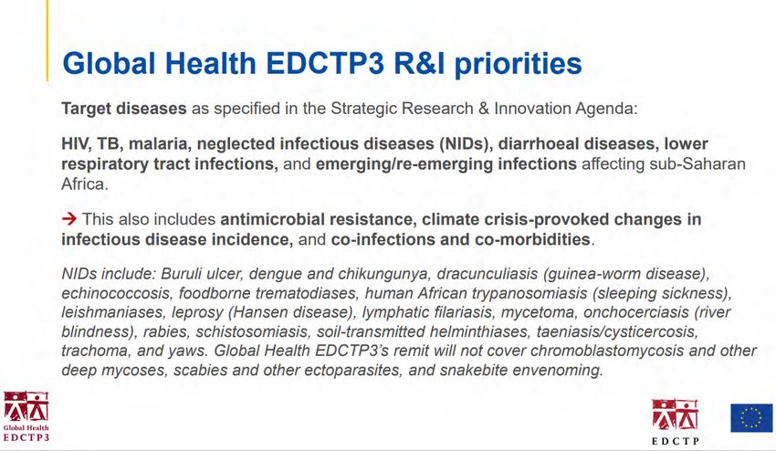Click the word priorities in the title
coord(518,63)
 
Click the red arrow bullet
coord(69,218)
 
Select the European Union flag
coord(751,418)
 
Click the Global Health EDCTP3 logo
coord(26,415)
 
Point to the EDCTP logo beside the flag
coord(675,422)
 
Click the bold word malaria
coord(157,143)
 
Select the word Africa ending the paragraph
coord(85,184)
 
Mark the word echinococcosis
coord(116,293)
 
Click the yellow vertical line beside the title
coord(47,40)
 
